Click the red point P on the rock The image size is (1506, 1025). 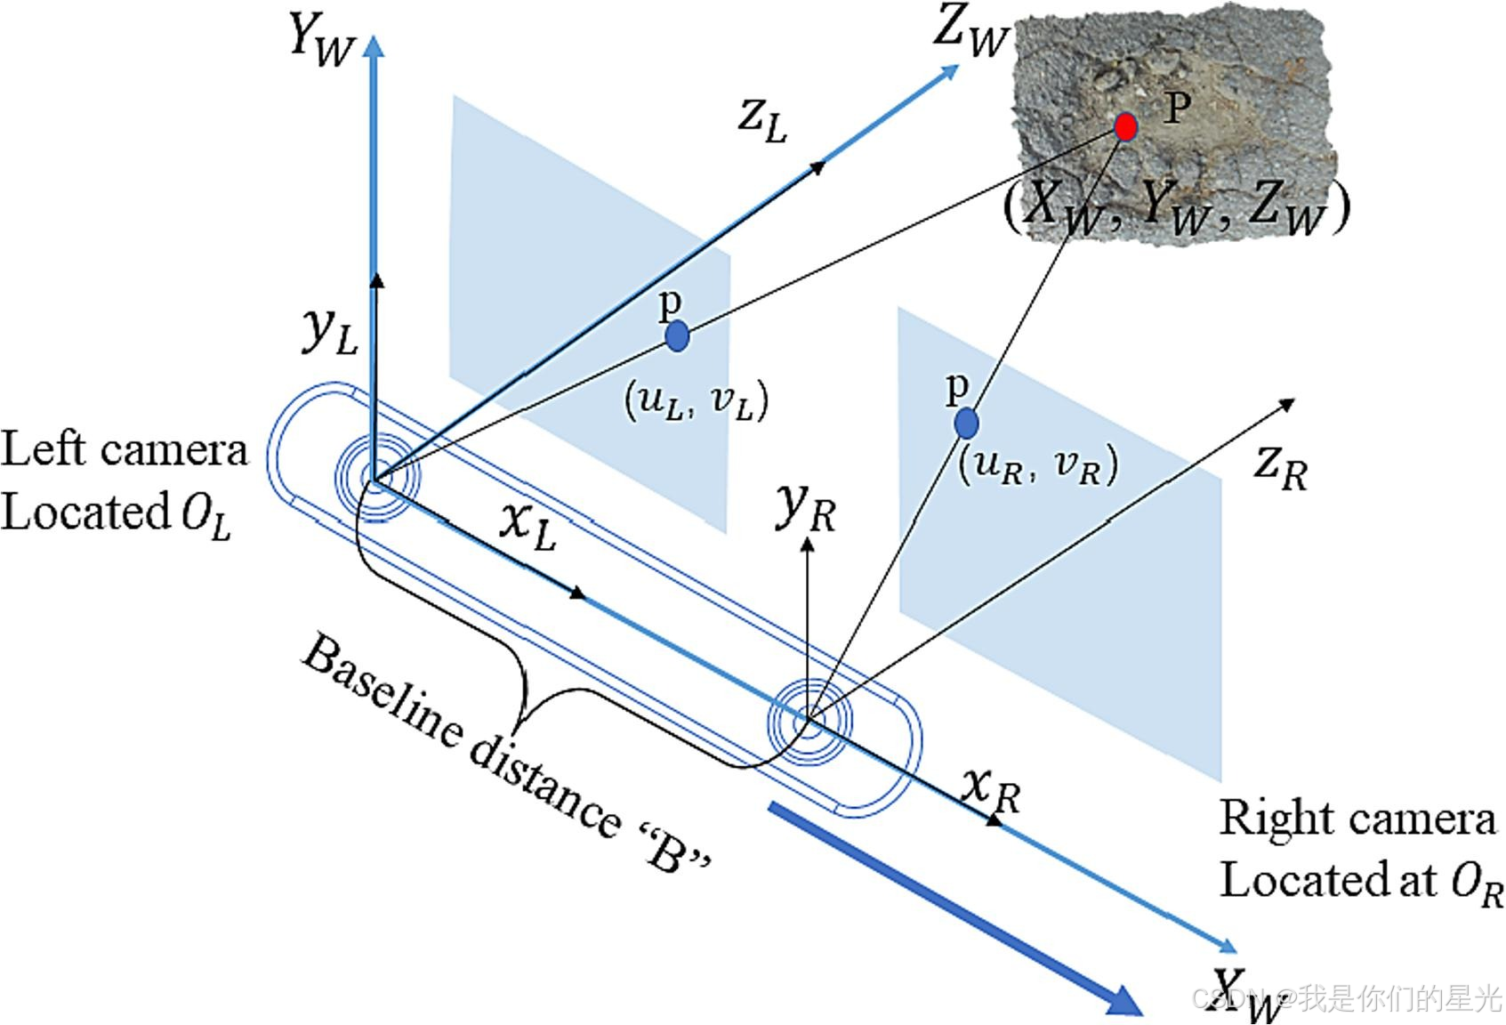(x=1125, y=126)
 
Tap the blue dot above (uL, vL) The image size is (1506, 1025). (x=677, y=336)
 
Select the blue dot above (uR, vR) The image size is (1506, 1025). (x=966, y=423)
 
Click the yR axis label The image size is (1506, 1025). (x=806, y=507)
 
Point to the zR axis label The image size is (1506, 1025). (x=1280, y=466)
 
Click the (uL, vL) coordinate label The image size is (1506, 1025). (x=696, y=401)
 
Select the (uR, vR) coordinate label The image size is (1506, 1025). (x=1037, y=464)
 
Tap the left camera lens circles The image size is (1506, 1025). (x=376, y=479)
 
